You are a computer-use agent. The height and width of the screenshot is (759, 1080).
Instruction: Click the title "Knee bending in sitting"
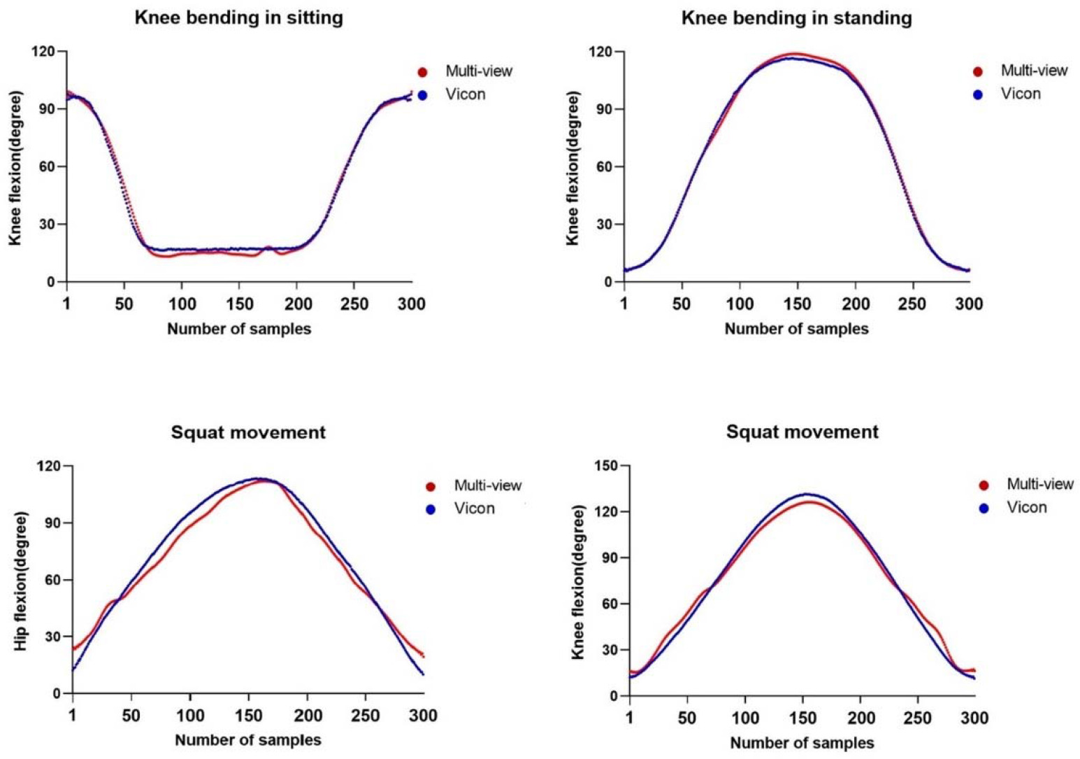pyautogui.click(x=239, y=17)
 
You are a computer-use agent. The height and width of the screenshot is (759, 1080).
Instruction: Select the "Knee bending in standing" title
pyautogui.click(x=797, y=17)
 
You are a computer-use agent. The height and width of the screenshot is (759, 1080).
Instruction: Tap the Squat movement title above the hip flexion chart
pyautogui.click(x=248, y=432)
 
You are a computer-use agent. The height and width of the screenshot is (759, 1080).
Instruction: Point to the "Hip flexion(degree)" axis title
pyautogui.click(x=21, y=581)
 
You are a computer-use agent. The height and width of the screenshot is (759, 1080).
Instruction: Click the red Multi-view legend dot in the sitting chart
pyautogui.click(x=422, y=72)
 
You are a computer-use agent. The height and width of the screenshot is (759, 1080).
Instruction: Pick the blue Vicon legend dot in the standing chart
pyautogui.click(x=978, y=94)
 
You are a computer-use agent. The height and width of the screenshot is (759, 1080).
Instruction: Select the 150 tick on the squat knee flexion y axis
pyautogui.click(x=609, y=466)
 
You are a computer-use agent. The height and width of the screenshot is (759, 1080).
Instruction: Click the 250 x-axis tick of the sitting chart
pyautogui.click(x=354, y=304)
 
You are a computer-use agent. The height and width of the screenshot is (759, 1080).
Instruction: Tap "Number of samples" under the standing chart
pyautogui.click(x=796, y=329)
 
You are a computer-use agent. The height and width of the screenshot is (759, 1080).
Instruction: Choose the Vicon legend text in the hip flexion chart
pyautogui.click(x=474, y=509)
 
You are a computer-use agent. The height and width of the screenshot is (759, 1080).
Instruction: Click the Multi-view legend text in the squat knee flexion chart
pyautogui.click(x=1040, y=484)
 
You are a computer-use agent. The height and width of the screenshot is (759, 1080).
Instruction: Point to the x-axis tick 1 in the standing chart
pyautogui.click(x=624, y=304)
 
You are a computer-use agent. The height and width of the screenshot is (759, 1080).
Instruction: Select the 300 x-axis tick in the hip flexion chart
pyautogui.click(x=424, y=716)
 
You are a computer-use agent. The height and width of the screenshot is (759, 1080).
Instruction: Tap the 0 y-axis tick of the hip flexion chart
pyautogui.click(x=57, y=694)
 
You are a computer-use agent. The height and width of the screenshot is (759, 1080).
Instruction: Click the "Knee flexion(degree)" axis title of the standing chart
pyautogui.click(x=573, y=168)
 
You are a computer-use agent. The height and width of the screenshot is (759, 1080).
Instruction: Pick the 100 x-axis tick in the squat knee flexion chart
pyautogui.click(x=745, y=718)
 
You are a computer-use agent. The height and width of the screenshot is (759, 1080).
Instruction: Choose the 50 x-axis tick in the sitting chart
pyautogui.click(x=124, y=304)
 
